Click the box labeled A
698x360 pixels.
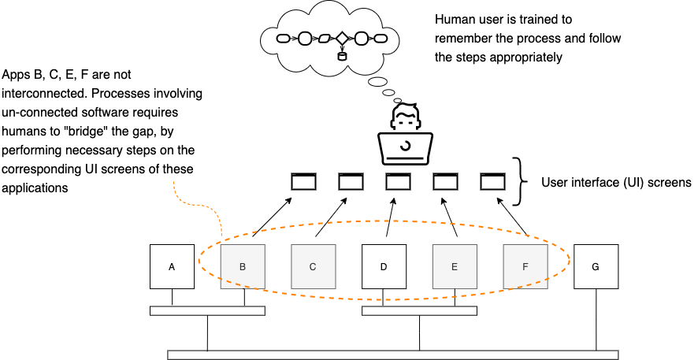(173, 266)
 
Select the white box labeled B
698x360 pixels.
(243, 266)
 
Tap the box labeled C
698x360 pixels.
(313, 266)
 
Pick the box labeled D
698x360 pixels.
(384, 266)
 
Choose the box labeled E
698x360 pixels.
(455, 266)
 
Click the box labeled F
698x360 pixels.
(525, 266)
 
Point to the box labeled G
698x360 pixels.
(596, 266)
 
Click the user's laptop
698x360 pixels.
(404, 146)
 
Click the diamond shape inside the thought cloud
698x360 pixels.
(342, 37)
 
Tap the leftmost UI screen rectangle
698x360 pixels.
(303, 182)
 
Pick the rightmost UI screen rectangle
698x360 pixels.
(492, 182)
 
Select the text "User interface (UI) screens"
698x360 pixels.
(615, 183)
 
